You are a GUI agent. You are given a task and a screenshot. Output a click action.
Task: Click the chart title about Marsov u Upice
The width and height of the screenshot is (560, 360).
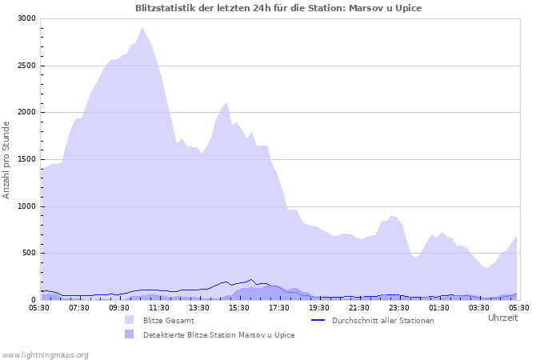(278, 8)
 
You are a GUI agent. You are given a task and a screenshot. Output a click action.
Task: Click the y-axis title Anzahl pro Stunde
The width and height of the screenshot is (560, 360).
(6, 159)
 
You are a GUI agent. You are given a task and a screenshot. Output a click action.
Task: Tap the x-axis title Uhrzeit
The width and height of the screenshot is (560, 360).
(502, 318)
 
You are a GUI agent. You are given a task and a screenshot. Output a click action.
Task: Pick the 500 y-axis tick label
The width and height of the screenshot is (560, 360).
(29, 254)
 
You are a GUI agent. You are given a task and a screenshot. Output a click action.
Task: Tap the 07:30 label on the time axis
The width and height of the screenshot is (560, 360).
(80, 307)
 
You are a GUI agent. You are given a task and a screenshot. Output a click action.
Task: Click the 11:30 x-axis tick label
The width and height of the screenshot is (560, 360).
(159, 307)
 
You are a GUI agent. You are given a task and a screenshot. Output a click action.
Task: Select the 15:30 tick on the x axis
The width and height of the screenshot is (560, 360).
(239, 307)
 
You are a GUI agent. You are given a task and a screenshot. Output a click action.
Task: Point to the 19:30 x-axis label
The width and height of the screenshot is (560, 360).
(319, 307)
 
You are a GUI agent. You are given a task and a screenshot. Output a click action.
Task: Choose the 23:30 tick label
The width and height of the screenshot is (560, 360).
(399, 307)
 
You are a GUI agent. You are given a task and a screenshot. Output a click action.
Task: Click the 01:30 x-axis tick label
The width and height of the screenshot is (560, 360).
(439, 307)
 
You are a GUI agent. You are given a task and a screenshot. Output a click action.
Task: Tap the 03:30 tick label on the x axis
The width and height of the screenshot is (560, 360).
(479, 307)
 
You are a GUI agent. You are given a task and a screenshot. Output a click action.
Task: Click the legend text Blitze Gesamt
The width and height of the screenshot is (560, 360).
(168, 321)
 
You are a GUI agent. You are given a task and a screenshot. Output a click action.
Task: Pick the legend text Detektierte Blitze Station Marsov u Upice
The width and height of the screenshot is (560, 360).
(218, 335)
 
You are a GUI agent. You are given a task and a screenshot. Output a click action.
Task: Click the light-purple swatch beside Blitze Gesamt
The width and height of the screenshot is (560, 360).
(129, 320)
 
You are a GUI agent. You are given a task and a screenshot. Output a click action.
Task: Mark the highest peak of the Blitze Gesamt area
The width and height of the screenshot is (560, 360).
(142, 28)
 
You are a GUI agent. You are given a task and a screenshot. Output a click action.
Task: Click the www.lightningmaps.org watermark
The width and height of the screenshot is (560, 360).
(45, 354)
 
